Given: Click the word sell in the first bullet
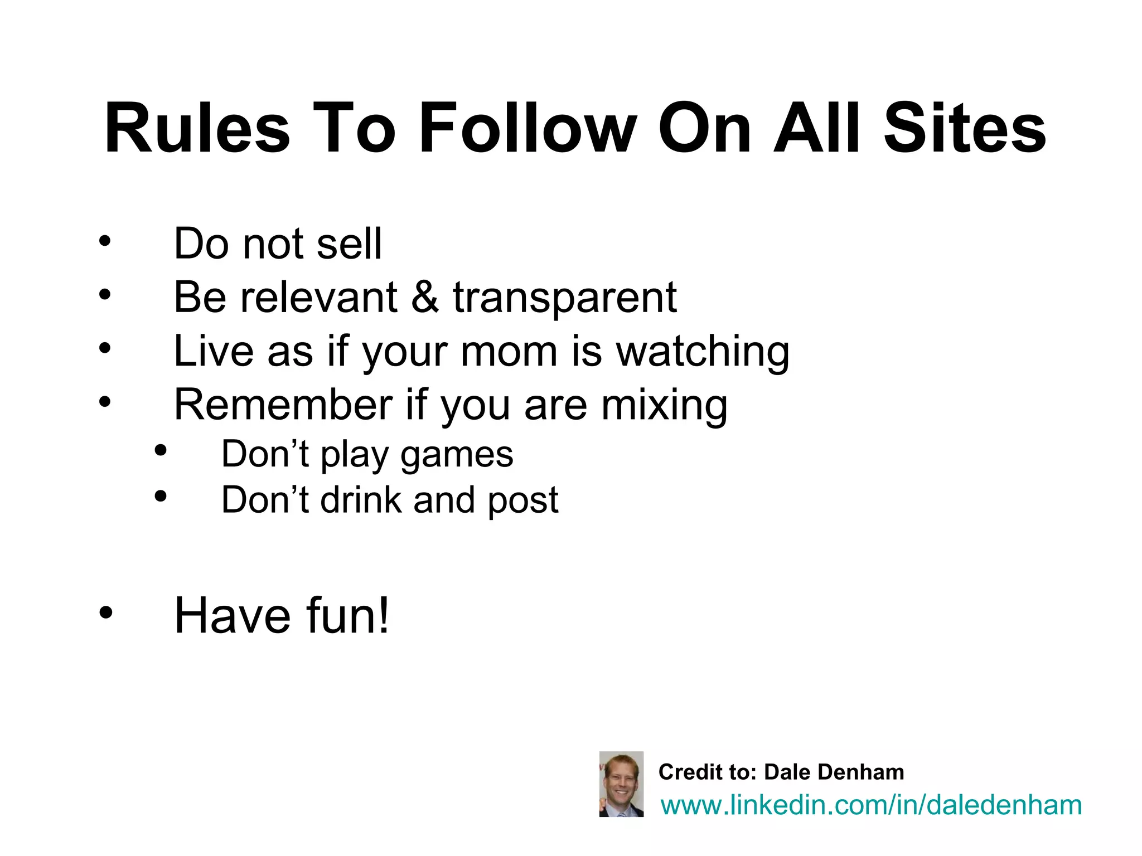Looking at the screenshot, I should [349, 244].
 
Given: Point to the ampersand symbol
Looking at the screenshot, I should [425, 297].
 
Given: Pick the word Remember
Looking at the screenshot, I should [283, 405].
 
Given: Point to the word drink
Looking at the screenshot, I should [360, 499].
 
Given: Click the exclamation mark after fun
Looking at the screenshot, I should [383, 616].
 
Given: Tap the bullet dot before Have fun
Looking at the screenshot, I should [105, 613].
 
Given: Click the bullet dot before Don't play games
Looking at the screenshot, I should [161, 451].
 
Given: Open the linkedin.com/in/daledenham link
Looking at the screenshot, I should [871, 805].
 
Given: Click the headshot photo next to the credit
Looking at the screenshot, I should [621, 784].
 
